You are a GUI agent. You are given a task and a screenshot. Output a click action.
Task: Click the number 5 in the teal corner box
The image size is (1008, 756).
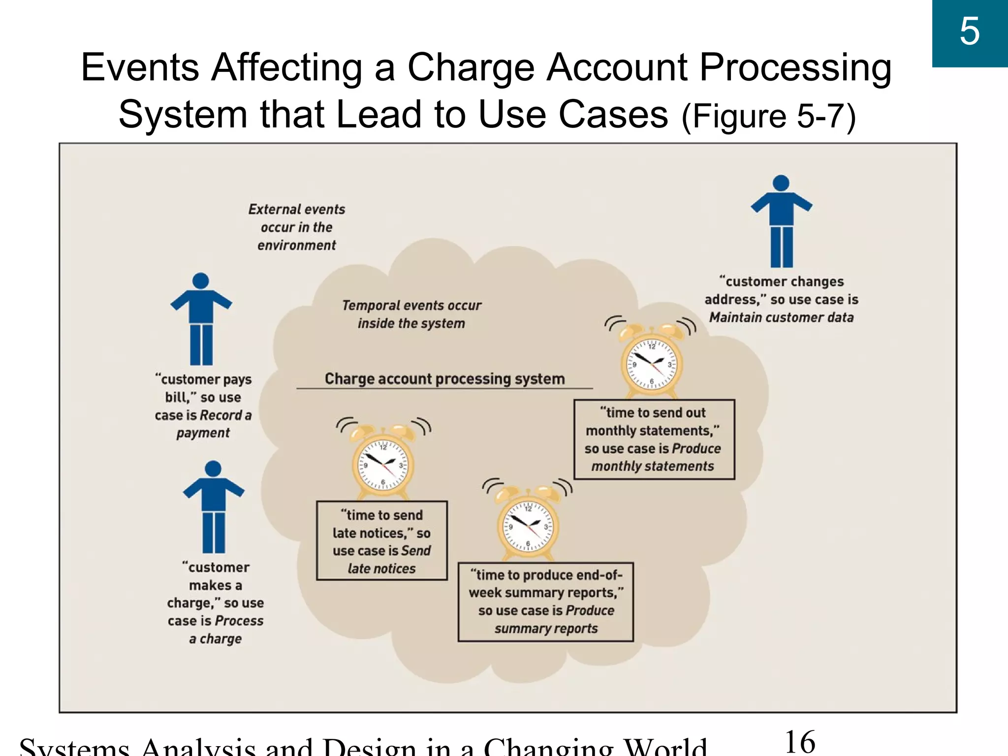coord(969,31)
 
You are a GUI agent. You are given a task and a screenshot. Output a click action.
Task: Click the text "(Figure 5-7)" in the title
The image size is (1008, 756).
coord(768,116)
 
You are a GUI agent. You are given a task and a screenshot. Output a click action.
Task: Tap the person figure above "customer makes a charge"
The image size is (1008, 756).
coord(214,507)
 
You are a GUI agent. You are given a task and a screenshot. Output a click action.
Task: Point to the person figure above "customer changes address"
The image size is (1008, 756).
coord(782,221)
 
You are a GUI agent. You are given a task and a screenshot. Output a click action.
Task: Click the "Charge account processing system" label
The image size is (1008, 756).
coord(444,378)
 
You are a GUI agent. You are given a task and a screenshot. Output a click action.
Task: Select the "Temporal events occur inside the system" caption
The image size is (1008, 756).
coord(411,314)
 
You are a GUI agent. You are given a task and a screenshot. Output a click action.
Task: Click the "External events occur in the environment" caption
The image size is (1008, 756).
coord(297,227)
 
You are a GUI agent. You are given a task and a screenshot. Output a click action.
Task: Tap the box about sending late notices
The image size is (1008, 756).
coord(382,541)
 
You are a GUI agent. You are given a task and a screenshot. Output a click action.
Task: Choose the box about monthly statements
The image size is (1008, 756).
coord(654,439)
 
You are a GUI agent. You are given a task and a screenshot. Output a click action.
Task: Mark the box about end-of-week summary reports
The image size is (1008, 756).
coord(545,601)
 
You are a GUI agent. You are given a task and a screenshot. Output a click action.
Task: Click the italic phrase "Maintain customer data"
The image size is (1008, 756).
coord(781,317)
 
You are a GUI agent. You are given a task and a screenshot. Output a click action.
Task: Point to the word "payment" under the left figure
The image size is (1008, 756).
coord(203,433)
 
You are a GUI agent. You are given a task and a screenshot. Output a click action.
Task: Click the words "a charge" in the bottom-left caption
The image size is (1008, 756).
coord(215,639)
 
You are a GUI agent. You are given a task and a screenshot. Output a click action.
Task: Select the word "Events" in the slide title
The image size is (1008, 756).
coord(139,67)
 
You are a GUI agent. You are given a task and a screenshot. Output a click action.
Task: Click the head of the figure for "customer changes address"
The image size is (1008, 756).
coord(781,183)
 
